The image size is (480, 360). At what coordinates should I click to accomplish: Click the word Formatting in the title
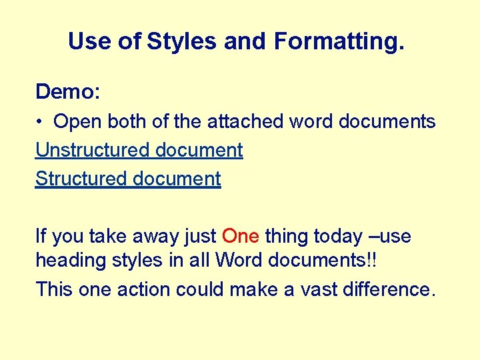click(x=339, y=42)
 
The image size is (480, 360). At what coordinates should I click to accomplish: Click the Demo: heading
click(x=67, y=91)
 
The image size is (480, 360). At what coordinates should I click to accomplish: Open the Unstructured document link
click(x=139, y=151)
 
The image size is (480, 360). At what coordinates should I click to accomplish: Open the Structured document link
click(x=128, y=179)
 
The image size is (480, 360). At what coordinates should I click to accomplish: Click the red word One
click(x=240, y=237)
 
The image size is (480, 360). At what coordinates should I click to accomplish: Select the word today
click(x=335, y=237)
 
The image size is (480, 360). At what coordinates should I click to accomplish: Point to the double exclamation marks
click(x=370, y=260)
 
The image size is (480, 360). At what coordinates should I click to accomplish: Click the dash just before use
click(x=374, y=237)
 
